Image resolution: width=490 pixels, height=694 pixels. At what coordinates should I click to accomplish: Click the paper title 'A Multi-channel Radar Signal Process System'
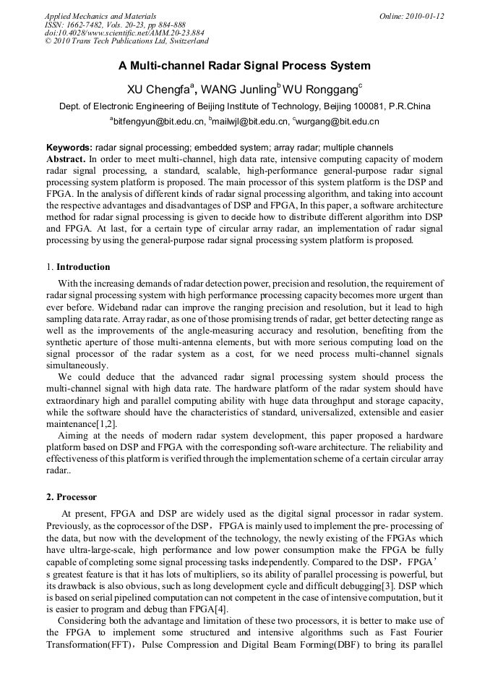click(x=244, y=66)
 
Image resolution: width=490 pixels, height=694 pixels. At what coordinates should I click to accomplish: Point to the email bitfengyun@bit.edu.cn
click(x=158, y=122)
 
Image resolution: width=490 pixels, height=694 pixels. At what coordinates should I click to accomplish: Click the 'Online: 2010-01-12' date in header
click(x=411, y=16)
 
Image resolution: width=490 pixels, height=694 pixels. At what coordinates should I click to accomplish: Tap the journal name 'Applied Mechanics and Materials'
click(x=100, y=16)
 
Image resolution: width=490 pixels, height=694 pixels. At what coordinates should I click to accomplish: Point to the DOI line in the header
click(x=124, y=33)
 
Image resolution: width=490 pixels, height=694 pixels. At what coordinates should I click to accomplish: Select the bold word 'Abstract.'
click(x=66, y=158)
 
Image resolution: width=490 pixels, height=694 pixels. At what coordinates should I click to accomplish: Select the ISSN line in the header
click(x=115, y=25)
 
